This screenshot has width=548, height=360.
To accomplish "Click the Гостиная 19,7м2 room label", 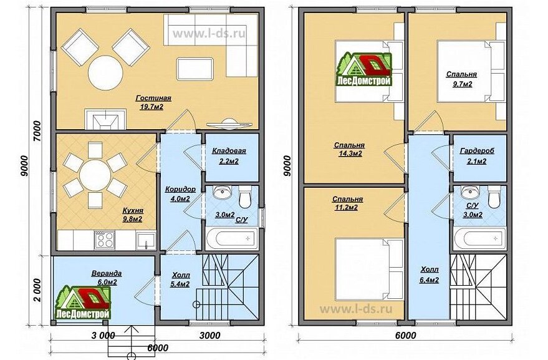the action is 153,102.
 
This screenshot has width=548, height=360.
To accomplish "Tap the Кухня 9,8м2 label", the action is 133,215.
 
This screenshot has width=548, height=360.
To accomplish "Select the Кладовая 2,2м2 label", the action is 229,156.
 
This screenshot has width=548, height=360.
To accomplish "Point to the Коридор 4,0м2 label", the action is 180,194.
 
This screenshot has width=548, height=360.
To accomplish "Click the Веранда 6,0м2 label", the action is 107,278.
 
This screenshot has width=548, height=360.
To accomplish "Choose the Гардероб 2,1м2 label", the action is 477,156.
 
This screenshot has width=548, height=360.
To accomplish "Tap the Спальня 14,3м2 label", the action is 350,149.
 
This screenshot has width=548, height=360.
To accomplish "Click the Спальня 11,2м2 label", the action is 347,203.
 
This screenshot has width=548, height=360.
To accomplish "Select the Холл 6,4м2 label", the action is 430,275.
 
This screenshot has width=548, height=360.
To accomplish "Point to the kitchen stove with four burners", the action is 105,240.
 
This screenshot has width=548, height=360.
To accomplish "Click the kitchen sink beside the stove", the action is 146,240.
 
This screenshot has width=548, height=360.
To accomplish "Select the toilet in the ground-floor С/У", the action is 244,197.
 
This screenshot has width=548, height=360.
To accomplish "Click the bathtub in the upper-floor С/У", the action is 480,238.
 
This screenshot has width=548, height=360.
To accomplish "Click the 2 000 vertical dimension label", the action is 39,290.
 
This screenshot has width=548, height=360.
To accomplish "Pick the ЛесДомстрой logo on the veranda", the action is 83,303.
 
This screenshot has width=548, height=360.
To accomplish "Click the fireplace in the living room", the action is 105,119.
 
